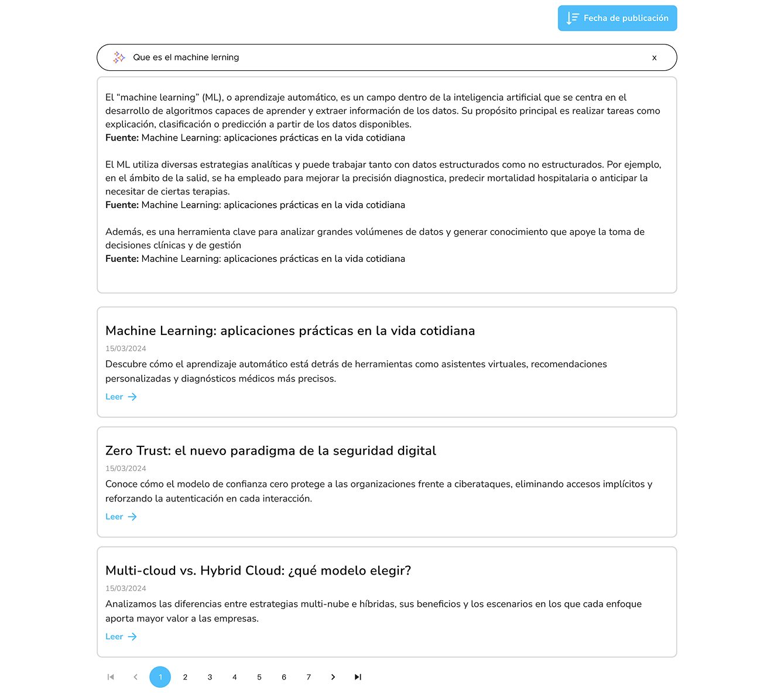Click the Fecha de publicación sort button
pyautogui.click(x=617, y=18)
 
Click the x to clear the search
pyautogui.click(x=654, y=57)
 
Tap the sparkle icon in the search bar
pyautogui.click(x=119, y=57)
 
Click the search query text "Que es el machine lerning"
pyautogui.click(x=186, y=57)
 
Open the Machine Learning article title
pyautogui.click(x=290, y=331)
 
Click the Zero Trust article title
pyautogui.click(x=270, y=450)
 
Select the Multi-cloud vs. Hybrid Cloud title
pyautogui.click(x=258, y=571)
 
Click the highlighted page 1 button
pyautogui.click(x=160, y=677)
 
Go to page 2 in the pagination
pyautogui.click(x=185, y=677)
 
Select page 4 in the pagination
pyautogui.click(x=234, y=677)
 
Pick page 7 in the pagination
pyautogui.click(x=309, y=677)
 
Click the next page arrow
pyautogui.click(x=333, y=677)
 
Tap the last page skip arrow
pyautogui.click(x=358, y=677)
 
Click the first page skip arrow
pyautogui.click(x=111, y=677)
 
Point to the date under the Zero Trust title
pyautogui.click(x=126, y=469)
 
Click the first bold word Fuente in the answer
pyautogui.click(x=122, y=138)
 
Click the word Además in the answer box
pyautogui.click(x=124, y=232)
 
